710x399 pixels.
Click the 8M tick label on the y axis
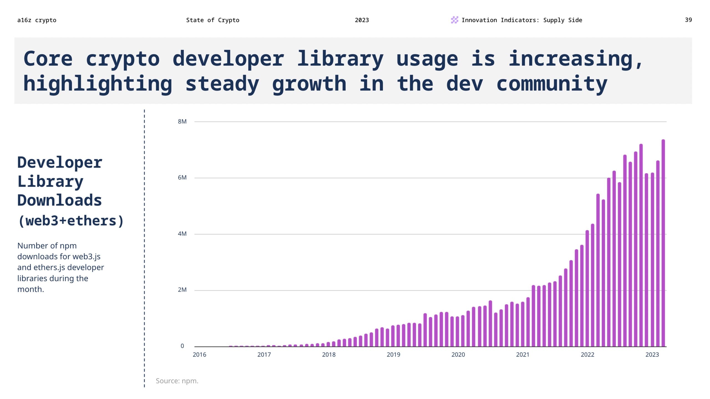point(182,122)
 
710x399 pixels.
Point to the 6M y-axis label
point(182,178)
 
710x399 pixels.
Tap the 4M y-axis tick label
point(182,234)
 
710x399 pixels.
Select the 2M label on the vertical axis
point(182,290)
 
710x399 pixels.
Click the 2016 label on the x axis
point(199,355)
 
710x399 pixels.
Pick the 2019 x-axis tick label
point(393,355)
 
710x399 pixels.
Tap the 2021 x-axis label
point(523,355)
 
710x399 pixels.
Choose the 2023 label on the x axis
point(652,355)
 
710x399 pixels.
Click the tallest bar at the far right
point(663,244)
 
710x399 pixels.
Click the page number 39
point(688,20)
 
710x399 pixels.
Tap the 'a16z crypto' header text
point(37,20)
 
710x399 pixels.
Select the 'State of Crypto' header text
point(212,20)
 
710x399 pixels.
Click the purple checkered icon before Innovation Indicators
point(454,20)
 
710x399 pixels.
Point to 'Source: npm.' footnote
point(177,381)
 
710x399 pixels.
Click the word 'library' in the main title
point(340,59)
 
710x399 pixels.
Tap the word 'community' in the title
point(552,84)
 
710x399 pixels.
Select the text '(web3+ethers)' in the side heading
point(71,221)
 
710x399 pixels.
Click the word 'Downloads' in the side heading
point(60,200)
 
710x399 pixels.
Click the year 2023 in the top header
point(362,20)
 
